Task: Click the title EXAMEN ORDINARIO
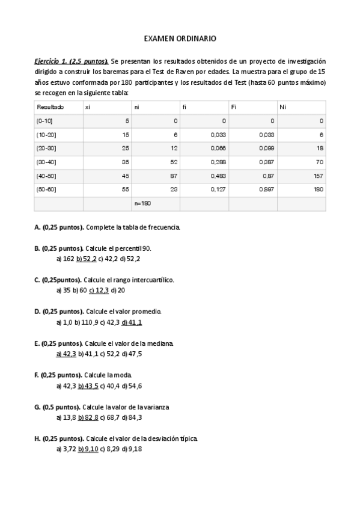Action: point(180,38)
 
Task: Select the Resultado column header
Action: point(50,106)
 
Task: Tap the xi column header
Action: point(88,106)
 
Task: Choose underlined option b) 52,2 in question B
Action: point(87,259)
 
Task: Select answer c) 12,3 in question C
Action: point(99,290)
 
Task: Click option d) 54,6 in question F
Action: point(131,386)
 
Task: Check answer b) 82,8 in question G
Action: point(87,417)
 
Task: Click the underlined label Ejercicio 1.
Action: point(50,61)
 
